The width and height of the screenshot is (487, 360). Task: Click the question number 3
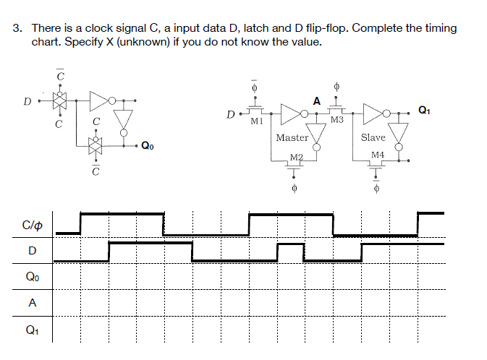click(18, 29)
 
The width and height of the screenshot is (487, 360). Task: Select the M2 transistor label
click(295, 157)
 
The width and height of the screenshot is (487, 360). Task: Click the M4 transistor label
click(377, 155)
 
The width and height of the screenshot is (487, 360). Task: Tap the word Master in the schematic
click(292, 137)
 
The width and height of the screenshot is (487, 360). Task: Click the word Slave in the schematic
click(373, 137)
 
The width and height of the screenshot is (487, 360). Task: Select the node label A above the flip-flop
click(316, 100)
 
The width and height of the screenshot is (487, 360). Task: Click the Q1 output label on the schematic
click(424, 110)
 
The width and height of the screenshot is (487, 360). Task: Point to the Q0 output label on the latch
click(147, 145)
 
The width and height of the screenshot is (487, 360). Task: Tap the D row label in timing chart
click(31, 251)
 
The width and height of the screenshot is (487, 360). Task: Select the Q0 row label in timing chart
click(31, 276)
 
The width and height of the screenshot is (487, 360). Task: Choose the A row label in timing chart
click(31, 303)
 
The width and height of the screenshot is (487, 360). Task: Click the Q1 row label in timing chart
click(31, 329)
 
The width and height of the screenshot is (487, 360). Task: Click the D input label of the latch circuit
click(27, 100)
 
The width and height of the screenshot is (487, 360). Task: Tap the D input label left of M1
click(229, 113)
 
